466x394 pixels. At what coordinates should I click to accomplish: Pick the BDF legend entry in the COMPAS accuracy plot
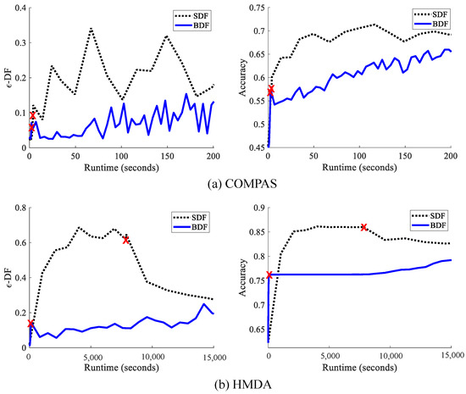[435, 26]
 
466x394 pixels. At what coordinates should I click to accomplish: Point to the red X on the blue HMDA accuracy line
[269, 275]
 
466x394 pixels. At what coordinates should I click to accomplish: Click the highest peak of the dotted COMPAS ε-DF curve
[90, 28]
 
